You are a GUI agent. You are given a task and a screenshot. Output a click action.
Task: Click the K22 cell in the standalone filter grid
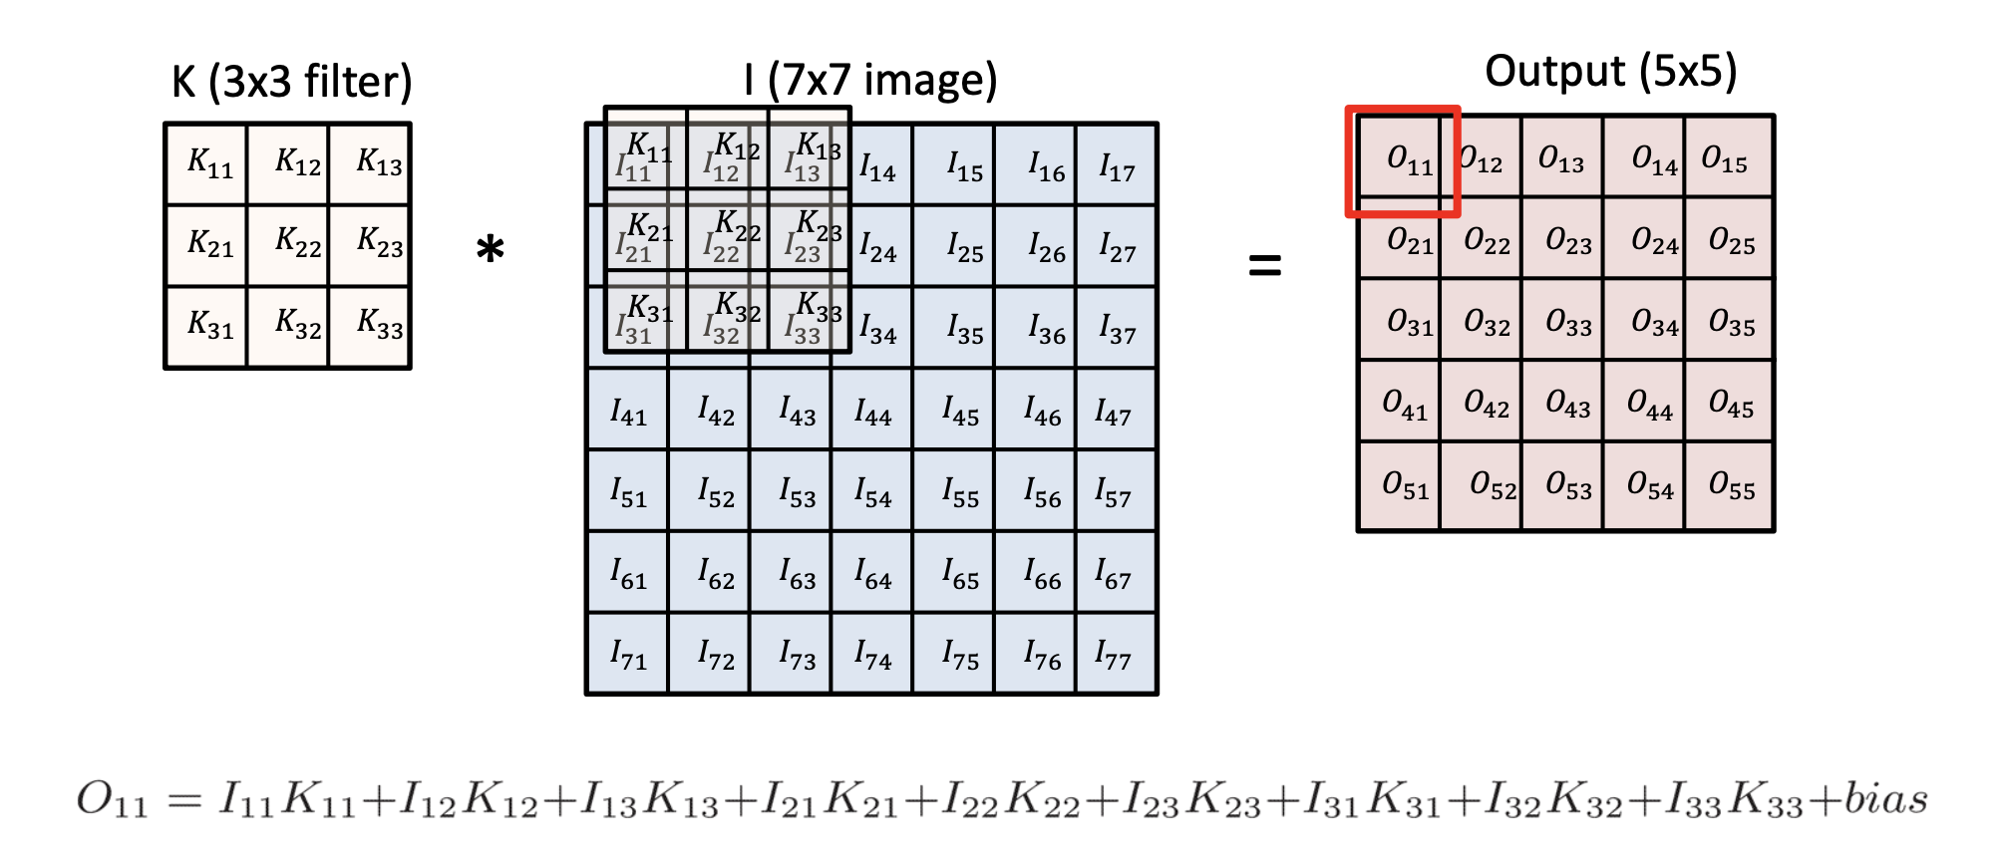[288, 245]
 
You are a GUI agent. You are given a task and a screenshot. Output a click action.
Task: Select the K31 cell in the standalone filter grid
[206, 327]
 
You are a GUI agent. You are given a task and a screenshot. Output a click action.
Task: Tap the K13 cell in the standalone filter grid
[370, 164]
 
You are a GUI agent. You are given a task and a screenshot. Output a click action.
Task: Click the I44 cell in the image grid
[872, 410]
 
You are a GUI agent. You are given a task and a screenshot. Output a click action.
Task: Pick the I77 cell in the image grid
[1116, 654]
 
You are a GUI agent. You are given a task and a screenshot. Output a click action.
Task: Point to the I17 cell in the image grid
[1116, 165]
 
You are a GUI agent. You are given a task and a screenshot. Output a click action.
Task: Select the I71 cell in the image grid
[628, 654]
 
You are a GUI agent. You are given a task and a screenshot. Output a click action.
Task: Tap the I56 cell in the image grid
[1035, 491]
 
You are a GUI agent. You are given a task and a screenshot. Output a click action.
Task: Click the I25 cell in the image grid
[954, 246]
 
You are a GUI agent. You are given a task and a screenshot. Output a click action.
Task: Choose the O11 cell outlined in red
[1402, 160]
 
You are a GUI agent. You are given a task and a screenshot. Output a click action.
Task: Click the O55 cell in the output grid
[1730, 485]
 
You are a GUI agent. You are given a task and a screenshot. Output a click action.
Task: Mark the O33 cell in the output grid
[1562, 320]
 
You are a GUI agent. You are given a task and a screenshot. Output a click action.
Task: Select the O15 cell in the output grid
[1730, 157]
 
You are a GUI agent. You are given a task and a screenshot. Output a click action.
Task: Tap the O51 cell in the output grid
[1400, 485]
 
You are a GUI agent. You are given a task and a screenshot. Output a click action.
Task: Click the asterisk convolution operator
[490, 249]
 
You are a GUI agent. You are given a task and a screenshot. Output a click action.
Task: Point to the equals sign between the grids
[1264, 265]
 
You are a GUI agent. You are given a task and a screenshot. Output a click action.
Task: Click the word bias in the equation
[1884, 798]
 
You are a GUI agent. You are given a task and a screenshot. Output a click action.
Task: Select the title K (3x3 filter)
[291, 82]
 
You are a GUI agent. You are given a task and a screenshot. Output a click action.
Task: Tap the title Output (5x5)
[1610, 72]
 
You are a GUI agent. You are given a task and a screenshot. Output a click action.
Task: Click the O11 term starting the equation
[112, 800]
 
